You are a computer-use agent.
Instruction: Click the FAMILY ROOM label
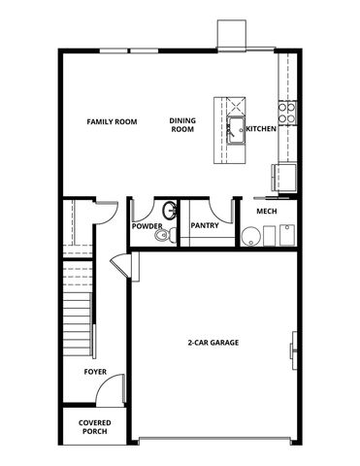[112, 122]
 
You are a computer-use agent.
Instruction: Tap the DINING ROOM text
[182, 126]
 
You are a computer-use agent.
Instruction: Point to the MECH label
[267, 211]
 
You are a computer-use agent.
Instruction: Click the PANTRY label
[204, 226]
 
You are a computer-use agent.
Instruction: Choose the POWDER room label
[147, 226]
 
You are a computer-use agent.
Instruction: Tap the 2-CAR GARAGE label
[213, 343]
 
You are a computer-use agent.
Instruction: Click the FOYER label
[94, 371]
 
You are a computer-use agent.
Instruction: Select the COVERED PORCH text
[94, 428]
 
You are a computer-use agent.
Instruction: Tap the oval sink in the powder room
[170, 209]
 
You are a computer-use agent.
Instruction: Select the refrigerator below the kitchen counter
[282, 177]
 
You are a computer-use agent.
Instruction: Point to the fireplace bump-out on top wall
[231, 37]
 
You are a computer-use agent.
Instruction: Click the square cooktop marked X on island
[235, 103]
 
